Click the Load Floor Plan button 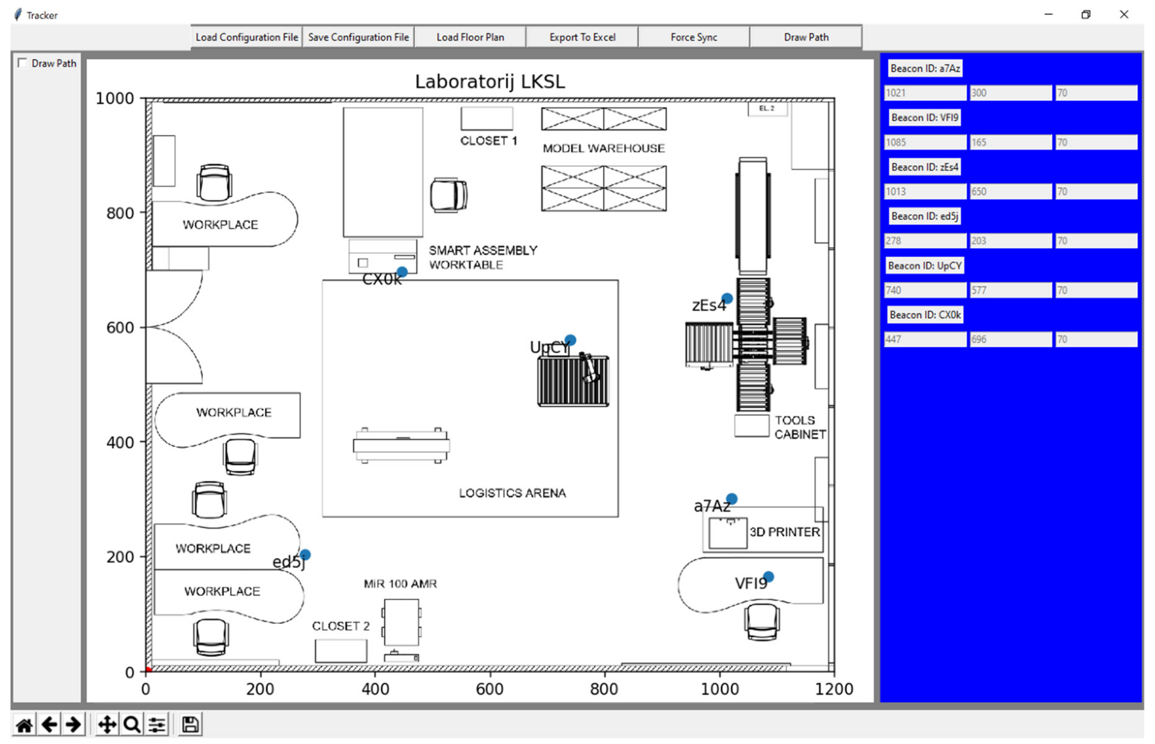coord(470,37)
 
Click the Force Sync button coord(693,37)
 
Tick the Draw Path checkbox coord(22,63)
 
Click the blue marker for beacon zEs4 coord(727,298)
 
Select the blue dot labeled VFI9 coord(768,577)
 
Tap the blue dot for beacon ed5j coord(305,555)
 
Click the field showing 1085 coord(924,142)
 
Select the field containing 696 coord(1010,339)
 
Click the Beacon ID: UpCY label coord(924,266)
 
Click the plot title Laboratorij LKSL coord(489,82)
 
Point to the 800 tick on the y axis coord(120,213)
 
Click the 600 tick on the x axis coord(489,689)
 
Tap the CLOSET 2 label coord(341,626)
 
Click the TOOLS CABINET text coord(799,427)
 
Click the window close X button coord(1124,15)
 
